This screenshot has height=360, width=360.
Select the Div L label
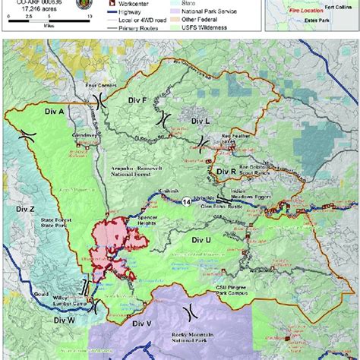pyautogui.click(x=200, y=121)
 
